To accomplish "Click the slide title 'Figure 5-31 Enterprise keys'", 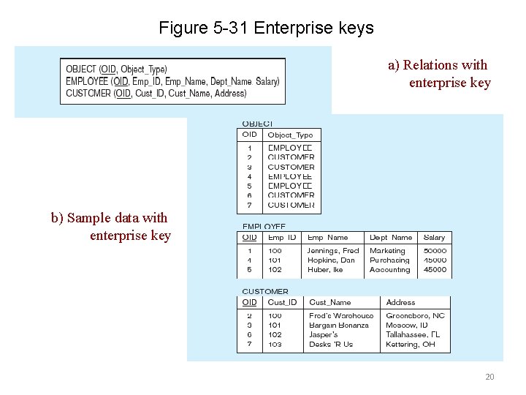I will [266, 29].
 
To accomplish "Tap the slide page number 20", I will [489, 377].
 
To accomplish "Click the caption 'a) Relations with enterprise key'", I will [438, 74].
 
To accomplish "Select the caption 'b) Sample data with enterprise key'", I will [110, 227].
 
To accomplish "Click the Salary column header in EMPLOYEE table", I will [434, 238].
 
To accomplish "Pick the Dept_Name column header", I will [391, 238].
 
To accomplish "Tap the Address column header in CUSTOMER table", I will [400, 302].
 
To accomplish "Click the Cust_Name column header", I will [329, 302].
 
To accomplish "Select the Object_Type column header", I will [290, 135].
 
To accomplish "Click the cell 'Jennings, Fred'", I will [333, 251].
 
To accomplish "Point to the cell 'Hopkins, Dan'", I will [331, 260].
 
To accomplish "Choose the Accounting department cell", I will [390, 270].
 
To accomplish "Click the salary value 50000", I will [435, 251].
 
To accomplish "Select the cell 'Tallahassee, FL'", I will [413, 335].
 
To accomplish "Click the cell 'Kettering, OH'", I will [411, 345].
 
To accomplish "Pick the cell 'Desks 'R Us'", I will [331, 345].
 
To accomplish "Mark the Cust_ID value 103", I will [275, 345].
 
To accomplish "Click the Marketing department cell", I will [387, 251].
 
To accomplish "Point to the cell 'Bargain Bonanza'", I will [339, 326].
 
